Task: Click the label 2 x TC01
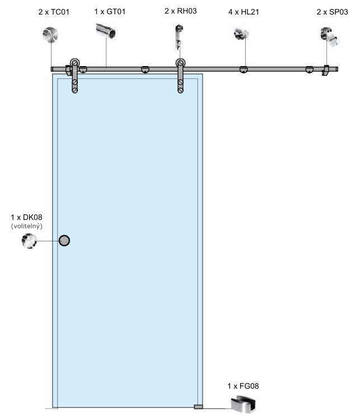tap(54, 12)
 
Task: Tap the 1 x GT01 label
tap(110, 12)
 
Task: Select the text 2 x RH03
tap(180, 11)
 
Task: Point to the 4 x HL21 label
tap(244, 12)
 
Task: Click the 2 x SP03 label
tap(332, 12)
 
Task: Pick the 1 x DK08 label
tap(26, 217)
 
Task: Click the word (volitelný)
tap(26, 226)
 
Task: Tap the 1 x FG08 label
tap(243, 386)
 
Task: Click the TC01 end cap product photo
tap(50, 35)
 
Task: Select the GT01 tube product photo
tap(106, 31)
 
